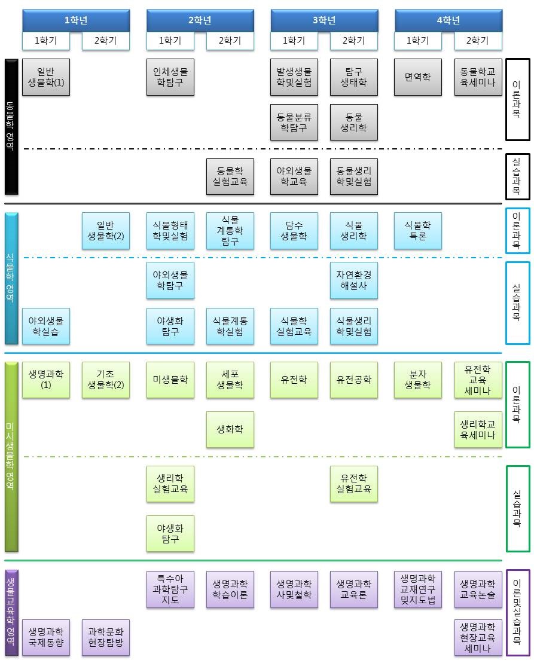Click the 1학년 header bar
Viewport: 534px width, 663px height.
point(76,20)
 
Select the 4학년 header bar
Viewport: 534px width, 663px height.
point(448,20)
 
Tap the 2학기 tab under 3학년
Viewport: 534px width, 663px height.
point(353,41)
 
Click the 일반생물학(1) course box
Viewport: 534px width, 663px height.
point(46,77)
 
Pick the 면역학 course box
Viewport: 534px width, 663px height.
point(417,77)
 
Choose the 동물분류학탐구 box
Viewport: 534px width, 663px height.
point(294,122)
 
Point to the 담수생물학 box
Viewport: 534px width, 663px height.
point(294,231)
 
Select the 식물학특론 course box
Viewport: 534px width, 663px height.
point(417,231)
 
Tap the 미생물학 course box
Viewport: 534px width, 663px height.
point(170,380)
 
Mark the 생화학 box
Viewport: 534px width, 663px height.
point(230,429)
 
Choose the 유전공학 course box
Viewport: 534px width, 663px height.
point(353,380)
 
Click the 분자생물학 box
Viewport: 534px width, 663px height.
point(417,380)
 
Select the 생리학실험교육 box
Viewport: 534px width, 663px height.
point(170,484)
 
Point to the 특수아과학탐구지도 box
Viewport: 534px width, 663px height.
point(170,589)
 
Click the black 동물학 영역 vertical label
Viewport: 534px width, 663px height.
point(11,127)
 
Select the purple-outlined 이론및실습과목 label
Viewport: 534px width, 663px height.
point(517,613)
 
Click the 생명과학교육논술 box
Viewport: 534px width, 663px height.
point(478,589)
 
